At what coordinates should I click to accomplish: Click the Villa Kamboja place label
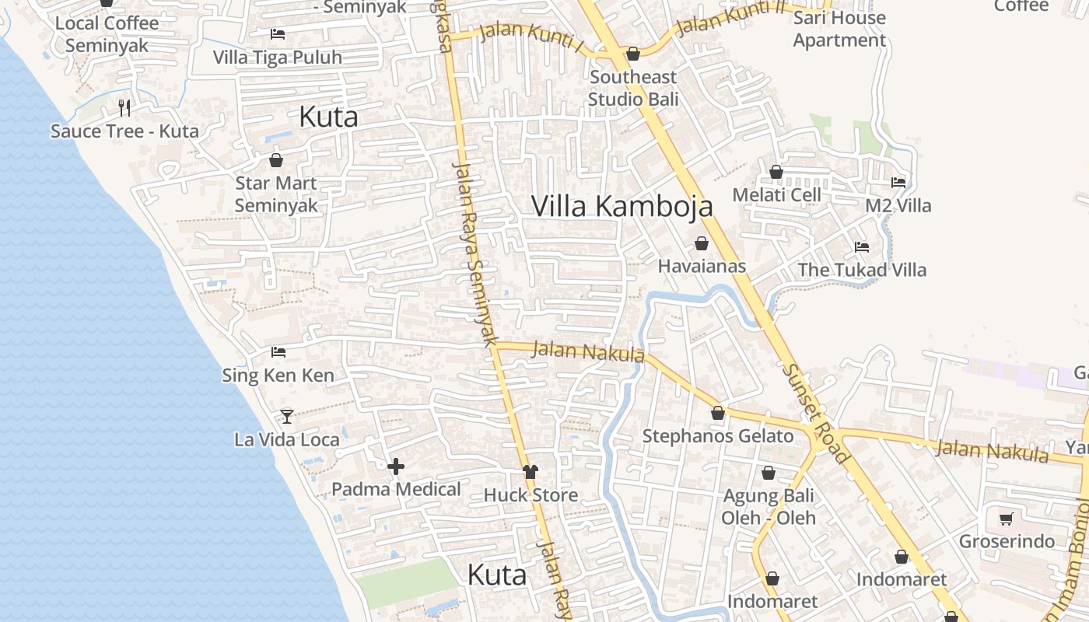point(622,206)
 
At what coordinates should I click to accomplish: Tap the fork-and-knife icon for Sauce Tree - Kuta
point(124,107)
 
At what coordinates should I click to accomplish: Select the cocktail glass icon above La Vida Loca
point(287,416)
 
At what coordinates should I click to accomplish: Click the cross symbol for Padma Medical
point(396,466)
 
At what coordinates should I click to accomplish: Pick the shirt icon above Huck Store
point(530,472)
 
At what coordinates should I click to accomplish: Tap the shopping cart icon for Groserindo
point(1007,518)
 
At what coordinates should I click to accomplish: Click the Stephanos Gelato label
point(717,436)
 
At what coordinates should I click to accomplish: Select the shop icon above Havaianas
point(702,243)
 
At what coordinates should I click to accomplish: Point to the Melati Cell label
point(776,194)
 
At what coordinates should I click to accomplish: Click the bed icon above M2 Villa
point(898,183)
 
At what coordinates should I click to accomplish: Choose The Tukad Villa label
point(862,270)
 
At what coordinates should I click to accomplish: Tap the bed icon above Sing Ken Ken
point(278,352)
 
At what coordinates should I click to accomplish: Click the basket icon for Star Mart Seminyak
point(276,160)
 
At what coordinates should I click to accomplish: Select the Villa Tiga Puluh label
point(278,58)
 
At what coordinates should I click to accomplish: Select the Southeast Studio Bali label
point(633,88)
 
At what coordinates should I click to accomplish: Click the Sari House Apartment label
point(839,29)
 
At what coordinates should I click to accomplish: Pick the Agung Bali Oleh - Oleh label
point(769,506)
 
